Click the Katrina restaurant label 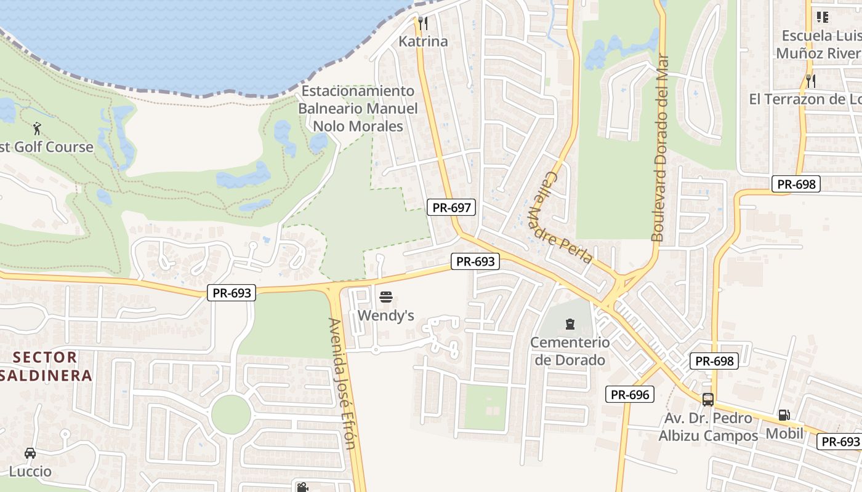coord(423,42)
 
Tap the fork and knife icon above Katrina coord(423,23)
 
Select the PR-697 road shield coord(452,208)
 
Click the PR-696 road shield coord(630,395)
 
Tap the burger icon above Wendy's coord(386,298)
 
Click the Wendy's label coord(386,315)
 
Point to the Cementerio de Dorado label coord(570,351)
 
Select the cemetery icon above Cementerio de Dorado coord(570,323)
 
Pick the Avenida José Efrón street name coord(342,383)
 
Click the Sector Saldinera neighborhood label coord(46,366)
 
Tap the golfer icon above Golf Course coord(37,129)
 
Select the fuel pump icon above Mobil coord(784,415)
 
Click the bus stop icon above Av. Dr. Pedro coord(708,400)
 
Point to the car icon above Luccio coord(30,454)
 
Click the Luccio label coord(30,472)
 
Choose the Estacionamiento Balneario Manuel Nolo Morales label coord(358,109)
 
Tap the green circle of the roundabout coord(231,414)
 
